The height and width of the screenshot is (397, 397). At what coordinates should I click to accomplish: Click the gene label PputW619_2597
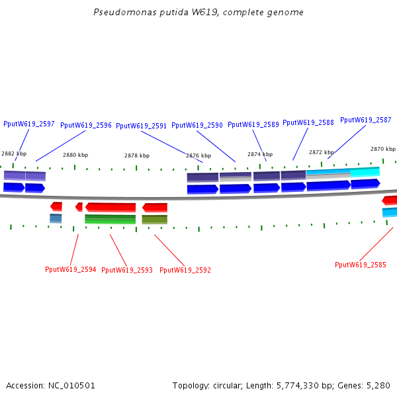click(x=29, y=124)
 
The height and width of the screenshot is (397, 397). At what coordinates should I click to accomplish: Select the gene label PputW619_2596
click(x=86, y=125)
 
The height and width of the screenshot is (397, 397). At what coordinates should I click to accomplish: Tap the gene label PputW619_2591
click(x=142, y=126)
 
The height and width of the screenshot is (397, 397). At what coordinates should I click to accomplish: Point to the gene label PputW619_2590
click(x=197, y=125)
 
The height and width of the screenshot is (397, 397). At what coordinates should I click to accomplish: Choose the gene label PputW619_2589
click(x=253, y=124)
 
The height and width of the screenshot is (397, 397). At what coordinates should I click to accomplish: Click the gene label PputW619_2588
click(x=308, y=122)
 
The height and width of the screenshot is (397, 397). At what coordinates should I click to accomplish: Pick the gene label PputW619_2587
click(x=366, y=120)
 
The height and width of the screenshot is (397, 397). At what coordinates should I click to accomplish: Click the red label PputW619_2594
click(x=71, y=269)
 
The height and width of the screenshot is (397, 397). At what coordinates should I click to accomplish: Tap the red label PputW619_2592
click(x=185, y=270)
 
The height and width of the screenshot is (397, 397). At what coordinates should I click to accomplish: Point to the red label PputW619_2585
click(x=361, y=265)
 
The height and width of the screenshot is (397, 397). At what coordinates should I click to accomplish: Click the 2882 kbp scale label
click(x=14, y=154)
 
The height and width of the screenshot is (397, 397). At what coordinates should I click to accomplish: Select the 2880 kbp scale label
click(x=75, y=155)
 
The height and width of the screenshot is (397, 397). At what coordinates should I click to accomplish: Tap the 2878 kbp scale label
click(x=137, y=155)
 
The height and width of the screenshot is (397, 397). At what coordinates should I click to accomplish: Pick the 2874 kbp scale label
click(x=260, y=154)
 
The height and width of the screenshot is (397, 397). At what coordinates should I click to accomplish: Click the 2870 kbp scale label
click(x=383, y=149)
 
